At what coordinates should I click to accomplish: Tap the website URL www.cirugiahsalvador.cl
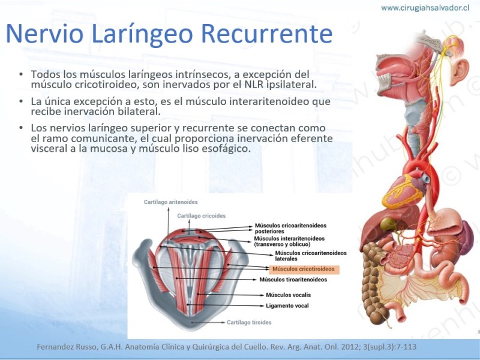[425, 8]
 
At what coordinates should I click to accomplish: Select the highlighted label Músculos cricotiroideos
[304, 269]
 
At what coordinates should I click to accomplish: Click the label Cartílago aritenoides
[171, 202]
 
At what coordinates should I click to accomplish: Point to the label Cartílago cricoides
[202, 216]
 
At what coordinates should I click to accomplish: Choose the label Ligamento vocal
[287, 305]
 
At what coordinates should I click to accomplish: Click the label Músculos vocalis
[288, 295]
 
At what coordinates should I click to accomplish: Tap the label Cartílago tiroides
[249, 322]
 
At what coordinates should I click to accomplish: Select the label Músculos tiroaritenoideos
[293, 280]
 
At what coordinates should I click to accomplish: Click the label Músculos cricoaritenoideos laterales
[311, 256]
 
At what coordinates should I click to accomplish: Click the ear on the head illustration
[459, 71]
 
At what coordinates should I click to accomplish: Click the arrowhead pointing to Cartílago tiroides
[223, 322]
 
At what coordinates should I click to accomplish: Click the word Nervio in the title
[44, 34]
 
